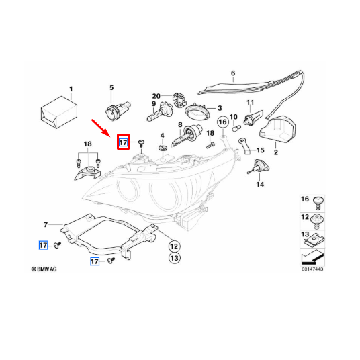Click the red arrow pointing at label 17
coord(102,127)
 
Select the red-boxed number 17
coord(123,142)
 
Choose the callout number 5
coord(112,87)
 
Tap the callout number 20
coord(156,95)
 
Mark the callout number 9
coord(154,105)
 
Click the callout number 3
coord(218,108)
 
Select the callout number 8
coord(180,126)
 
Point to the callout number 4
coord(162,136)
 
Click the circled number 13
coord(173,258)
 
